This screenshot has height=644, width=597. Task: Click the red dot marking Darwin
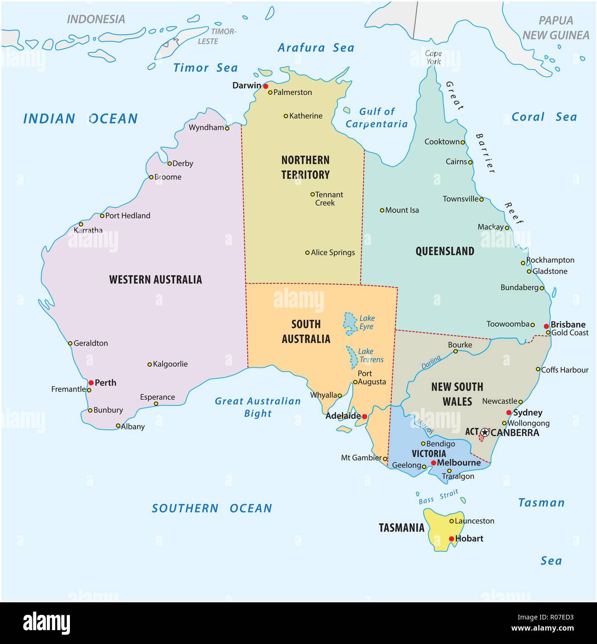point(265,86)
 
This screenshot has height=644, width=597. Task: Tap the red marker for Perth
point(91,383)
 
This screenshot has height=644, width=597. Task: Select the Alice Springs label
point(333,253)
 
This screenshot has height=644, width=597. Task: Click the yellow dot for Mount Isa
point(382,210)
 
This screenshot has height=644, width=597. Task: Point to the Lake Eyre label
point(367,322)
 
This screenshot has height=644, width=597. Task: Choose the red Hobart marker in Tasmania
point(452,539)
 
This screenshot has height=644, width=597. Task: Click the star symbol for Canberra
point(484,432)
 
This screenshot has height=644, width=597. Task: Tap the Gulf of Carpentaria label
point(377,118)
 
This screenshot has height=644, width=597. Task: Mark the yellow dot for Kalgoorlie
point(150,365)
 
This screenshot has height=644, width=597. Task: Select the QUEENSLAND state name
point(445,251)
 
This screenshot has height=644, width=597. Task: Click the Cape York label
point(434,57)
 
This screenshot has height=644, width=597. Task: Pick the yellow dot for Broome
point(151,177)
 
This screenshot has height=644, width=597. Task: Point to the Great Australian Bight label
point(258,407)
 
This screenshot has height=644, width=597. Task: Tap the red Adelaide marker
point(364,417)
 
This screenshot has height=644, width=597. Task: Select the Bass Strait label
point(438,497)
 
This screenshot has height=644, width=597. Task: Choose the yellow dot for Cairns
point(470,162)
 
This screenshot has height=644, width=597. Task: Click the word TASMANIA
point(401,528)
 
